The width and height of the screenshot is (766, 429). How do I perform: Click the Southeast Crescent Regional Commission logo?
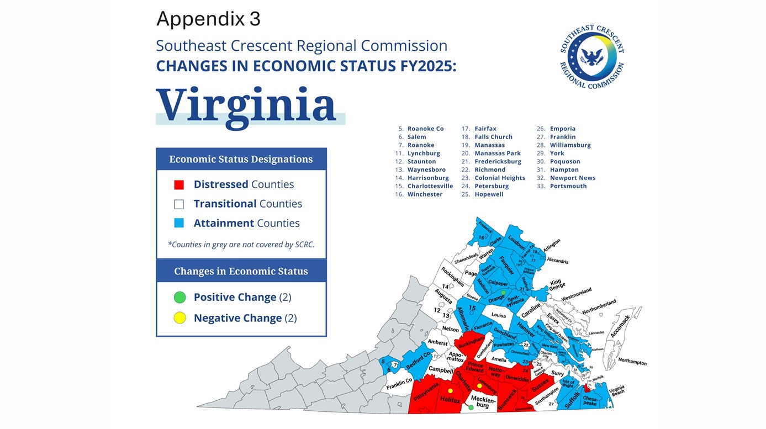pyautogui.click(x=592, y=57)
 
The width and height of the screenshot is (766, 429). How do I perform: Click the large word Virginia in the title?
pyautogui.click(x=246, y=104)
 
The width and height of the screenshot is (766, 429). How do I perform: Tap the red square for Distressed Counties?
pyautogui.click(x=178, y=185)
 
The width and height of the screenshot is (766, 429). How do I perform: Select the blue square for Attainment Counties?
pyautogui.click(x=178, y=224)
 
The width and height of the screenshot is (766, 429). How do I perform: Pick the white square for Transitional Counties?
pyautogui.click(x=178, y=204)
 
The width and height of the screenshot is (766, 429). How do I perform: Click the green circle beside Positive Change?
pyautogui.click(x=179, y=298)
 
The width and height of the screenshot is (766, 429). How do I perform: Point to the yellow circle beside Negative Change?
pyautogui.click(x=179, y=318)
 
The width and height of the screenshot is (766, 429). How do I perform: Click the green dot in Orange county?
pyautogui.click(x=503, y=293)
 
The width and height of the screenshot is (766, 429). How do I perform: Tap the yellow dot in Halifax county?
pyautogui.click(x=450, y=391)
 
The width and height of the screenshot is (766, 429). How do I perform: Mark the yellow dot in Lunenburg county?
pyautogui.click(x=479, y=385)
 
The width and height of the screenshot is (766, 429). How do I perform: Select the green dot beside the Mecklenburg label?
pyautogui.click(x=471, y=407)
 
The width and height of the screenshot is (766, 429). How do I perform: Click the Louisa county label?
pyautogui.click(x=499, y=315)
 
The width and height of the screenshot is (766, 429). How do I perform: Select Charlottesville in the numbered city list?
pyautogui.click(x=430, y=186)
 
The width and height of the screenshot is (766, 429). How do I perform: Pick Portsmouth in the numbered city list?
pyautogui.click(x=568, y=186)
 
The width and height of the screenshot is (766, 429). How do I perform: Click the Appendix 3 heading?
pyautogui.click(x=208, y=19)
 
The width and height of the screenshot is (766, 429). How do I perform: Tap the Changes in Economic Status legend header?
pyautogui.click(x=241, y=271)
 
